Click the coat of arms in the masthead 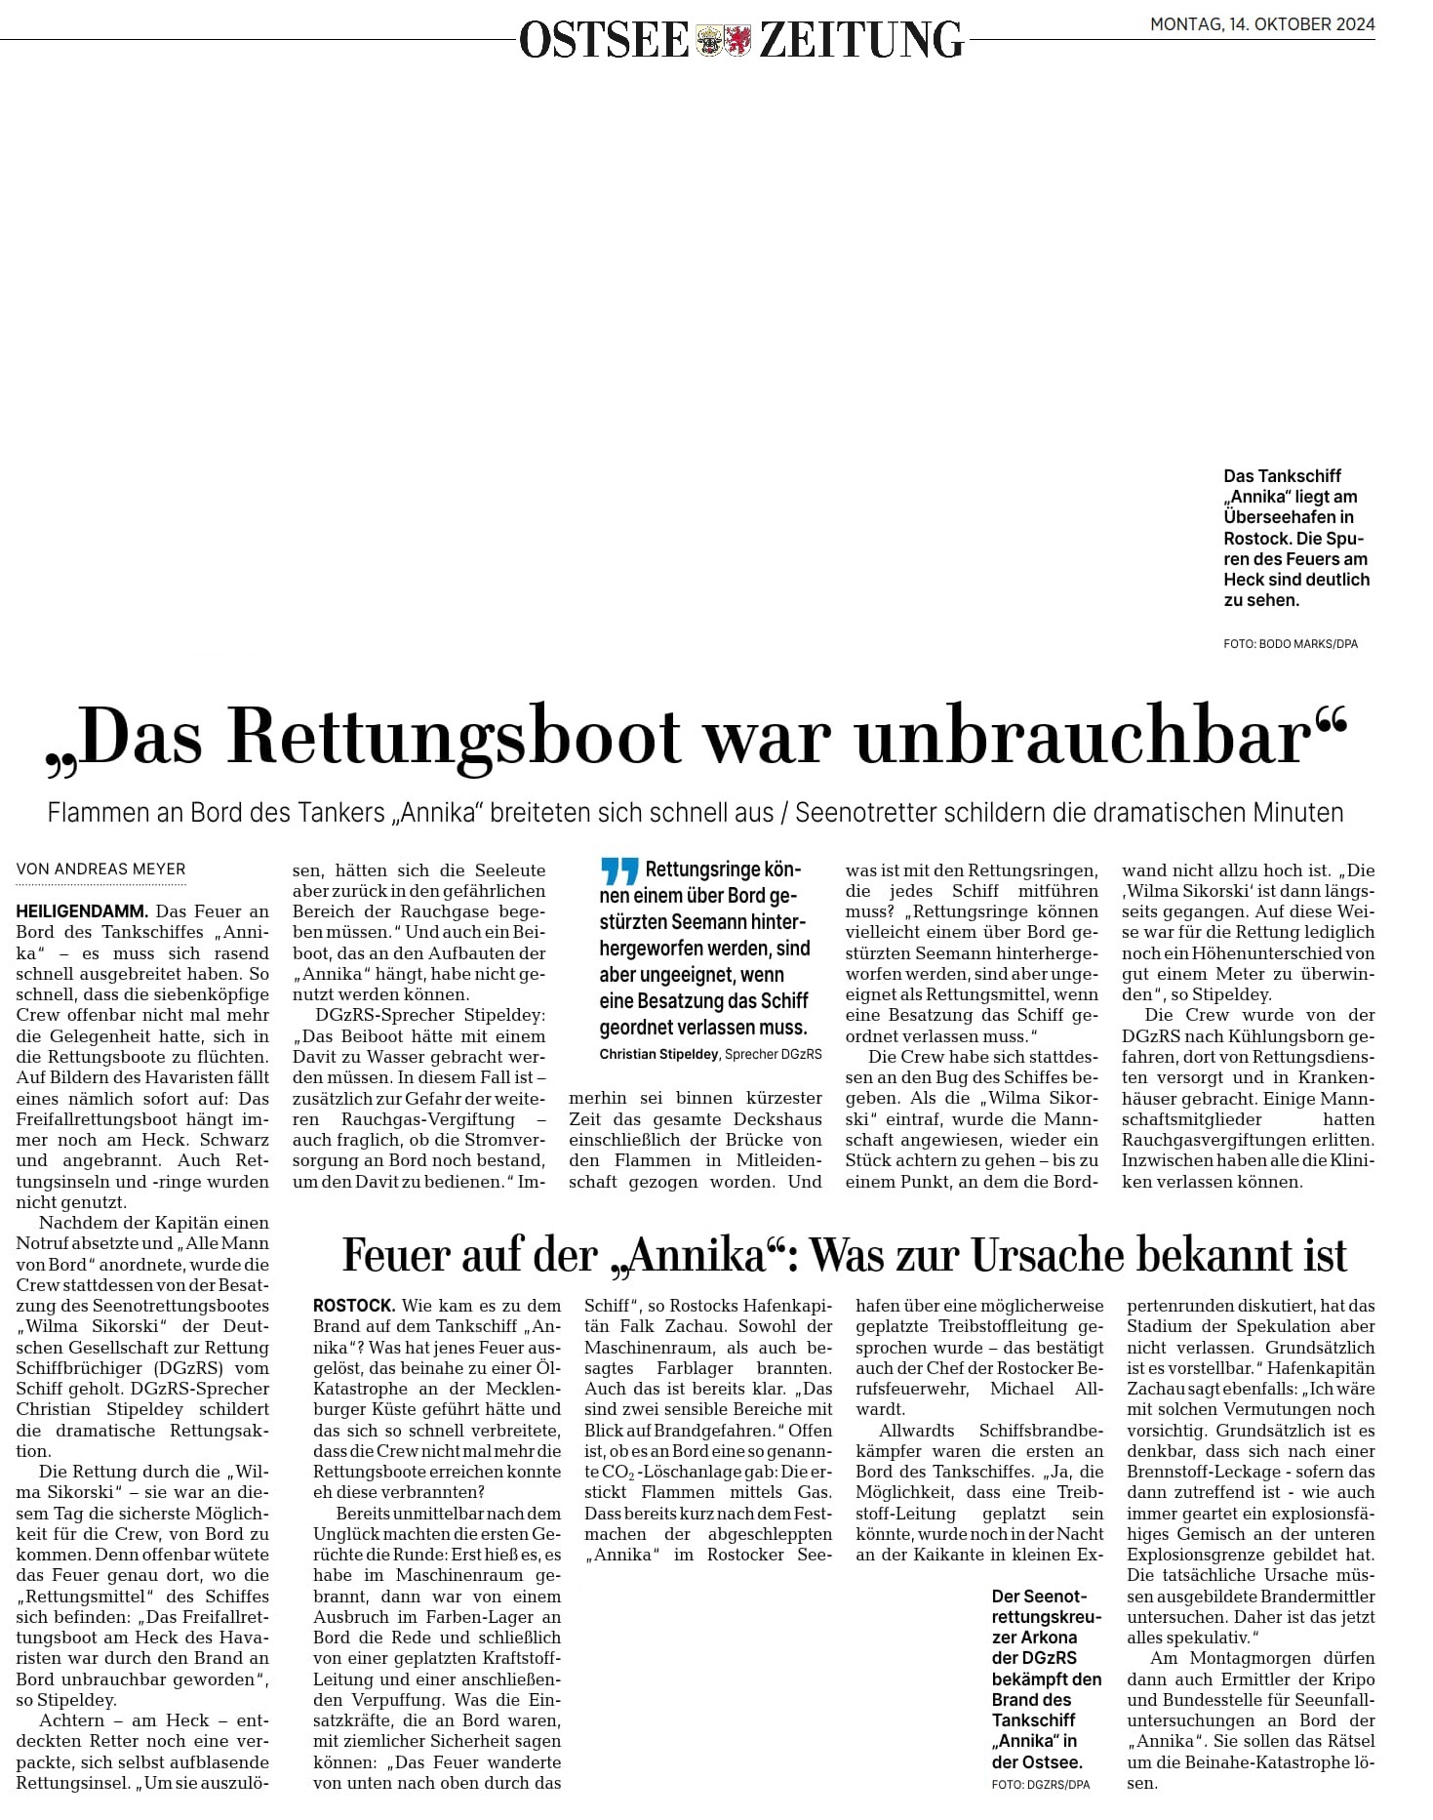(723, 40)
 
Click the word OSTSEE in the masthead (604, 40)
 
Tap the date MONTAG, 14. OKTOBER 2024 (1262, 24)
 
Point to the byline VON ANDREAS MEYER (100, 870)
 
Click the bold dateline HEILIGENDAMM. (82, 911)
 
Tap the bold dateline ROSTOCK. (354, 1306)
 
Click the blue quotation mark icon (619, 870)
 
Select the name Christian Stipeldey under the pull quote (658, 1054)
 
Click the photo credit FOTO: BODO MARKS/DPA (1290, 644)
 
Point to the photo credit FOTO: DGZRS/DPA (1040, 1784)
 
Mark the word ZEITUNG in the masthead (860, 40)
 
